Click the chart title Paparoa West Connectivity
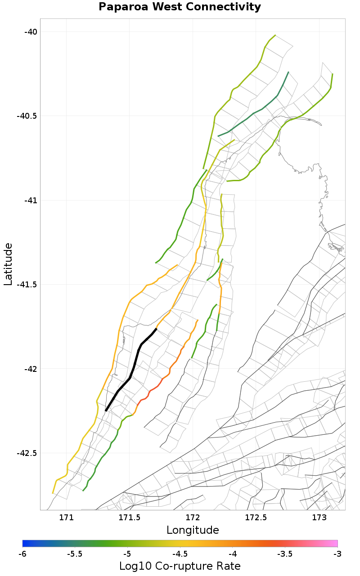tap(180, 7)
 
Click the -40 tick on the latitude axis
tap(31, 31)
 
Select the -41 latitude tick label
tap(31, 200)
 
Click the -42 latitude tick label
tap(31, 369)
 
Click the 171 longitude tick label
tap(66, 517)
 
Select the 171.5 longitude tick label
tap(129, 517)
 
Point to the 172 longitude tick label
tap(193, 517)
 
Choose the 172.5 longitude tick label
tap(256, 517)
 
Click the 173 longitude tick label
tap(319, 517)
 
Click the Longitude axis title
tap(193, 530)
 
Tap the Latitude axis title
tap(8, 264)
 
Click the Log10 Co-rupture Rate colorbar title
tap(180, 566)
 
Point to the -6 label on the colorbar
tap(22, 554)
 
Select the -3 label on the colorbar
tap(337, 554)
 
